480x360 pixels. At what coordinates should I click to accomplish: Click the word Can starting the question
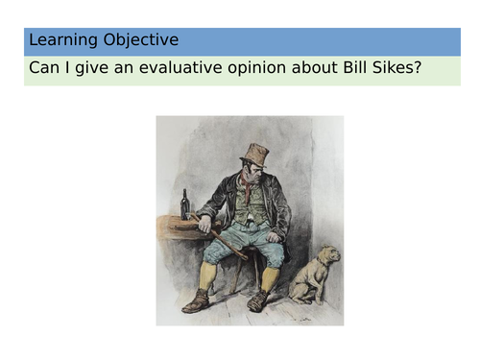pyautogui.click(x=43, y=70)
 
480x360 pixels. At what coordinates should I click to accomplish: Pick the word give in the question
pyautogui.click(x=85, y=70)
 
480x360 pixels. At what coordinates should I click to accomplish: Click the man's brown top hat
pyautogui.click(x=255, y=154)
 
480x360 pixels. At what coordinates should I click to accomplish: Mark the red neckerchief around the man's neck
pyautogui.click(x=249, y=196)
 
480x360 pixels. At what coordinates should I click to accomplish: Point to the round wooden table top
pyautogui.click(x=177, y=223)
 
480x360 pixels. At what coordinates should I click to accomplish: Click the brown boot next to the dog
pyautogui.click(x=258, y=301)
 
